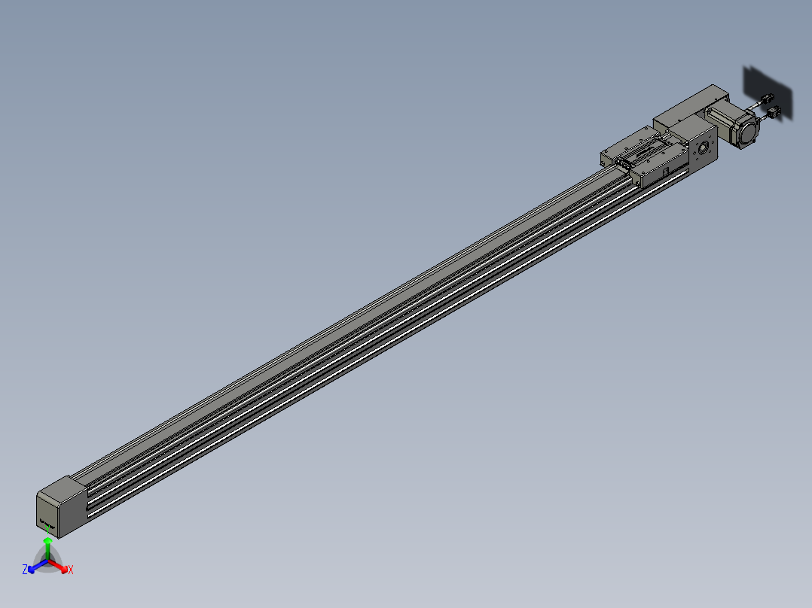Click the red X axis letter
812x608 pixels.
(71, 570)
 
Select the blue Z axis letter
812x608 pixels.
(25, 569)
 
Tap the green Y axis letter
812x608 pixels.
(47, 529)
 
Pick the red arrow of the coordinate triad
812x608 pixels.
(58, 566)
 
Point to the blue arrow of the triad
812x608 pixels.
(38, 566)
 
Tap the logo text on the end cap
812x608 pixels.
(47, 524)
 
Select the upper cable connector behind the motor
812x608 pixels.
(767, 99)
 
